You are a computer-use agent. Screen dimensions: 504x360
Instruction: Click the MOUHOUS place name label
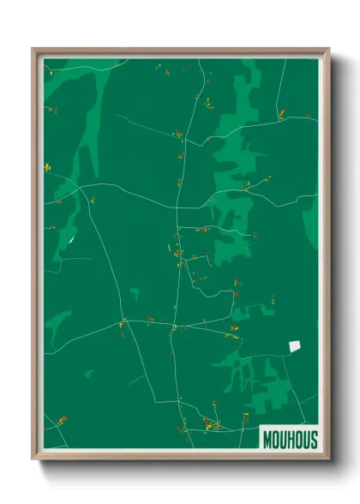[290, 440]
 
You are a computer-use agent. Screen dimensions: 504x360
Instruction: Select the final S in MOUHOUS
[313, 440]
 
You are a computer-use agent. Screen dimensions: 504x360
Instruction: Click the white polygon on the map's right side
[295, 345]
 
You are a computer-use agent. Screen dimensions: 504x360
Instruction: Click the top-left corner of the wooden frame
[33, 49]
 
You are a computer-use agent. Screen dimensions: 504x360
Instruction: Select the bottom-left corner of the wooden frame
[33, 459]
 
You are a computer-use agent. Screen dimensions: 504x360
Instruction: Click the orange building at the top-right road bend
[281, 112]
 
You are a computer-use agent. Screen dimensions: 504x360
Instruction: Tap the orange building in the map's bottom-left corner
[63, 420]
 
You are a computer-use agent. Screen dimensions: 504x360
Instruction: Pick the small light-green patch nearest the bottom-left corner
[88, 373]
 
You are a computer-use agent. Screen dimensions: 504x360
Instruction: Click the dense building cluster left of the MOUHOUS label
[209, 423]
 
